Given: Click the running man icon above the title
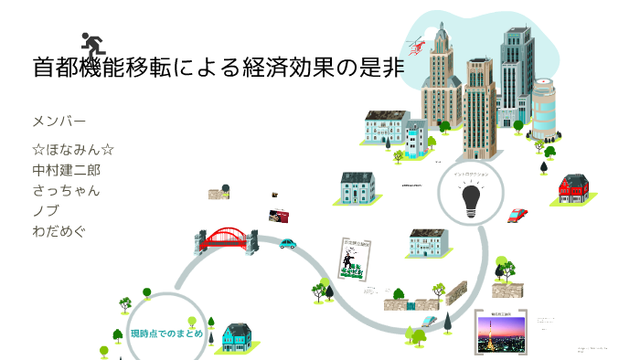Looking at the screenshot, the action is (91, 44).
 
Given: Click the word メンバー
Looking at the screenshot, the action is (59, 121).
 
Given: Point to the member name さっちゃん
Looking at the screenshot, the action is (65, 190).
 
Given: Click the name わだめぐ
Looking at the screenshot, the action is (59, 230).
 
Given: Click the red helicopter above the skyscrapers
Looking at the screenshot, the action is (419, 43).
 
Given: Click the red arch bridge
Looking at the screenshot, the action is (227, 239).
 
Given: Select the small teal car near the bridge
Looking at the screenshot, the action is (288, 244).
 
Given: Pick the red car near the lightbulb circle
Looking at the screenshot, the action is (517, 216).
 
